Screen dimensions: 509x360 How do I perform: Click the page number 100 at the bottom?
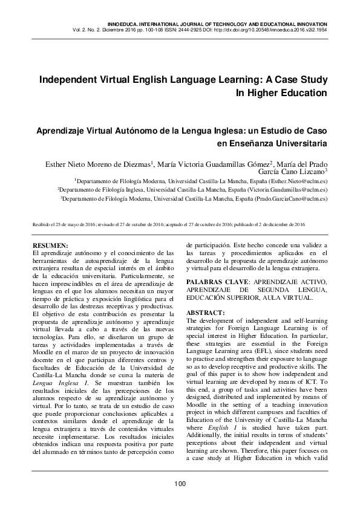[x=180, y=484]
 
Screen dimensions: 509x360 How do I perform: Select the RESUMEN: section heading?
[x=51, y=245]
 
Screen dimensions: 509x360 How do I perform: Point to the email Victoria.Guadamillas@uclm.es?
[x=283, y=189]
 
